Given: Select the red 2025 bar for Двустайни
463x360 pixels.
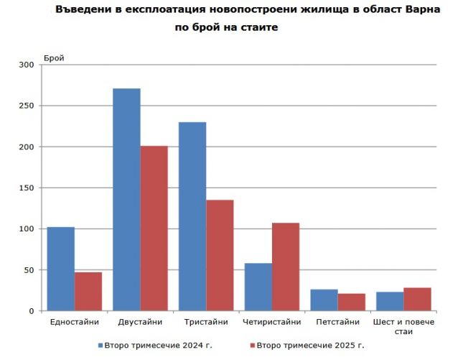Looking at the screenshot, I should [154, 229].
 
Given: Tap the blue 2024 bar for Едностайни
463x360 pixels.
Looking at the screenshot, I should [60, 269].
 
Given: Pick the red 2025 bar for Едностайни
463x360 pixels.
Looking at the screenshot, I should [88, 291].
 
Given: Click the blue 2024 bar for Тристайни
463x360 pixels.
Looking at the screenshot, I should [192, 216].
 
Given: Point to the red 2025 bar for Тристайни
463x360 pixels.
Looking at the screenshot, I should [220, 255].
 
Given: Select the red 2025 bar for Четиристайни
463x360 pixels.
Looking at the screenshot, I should [285, 267].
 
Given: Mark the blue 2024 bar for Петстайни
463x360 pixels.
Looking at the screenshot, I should [324, 300].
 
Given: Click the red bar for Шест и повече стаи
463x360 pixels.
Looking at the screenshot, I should [417, 299].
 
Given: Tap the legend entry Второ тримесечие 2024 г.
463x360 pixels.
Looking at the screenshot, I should [158, 345].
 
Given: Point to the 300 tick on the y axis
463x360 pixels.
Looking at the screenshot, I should [27, 65].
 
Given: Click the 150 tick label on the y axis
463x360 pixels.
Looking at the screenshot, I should [27, 188].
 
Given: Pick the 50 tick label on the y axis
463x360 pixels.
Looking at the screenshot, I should [29, 270].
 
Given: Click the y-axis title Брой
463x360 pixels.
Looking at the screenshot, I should [54, 57].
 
